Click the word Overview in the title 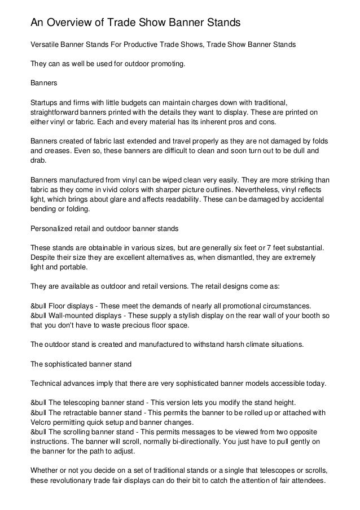pos(73,23)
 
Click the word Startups pos(45,102)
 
